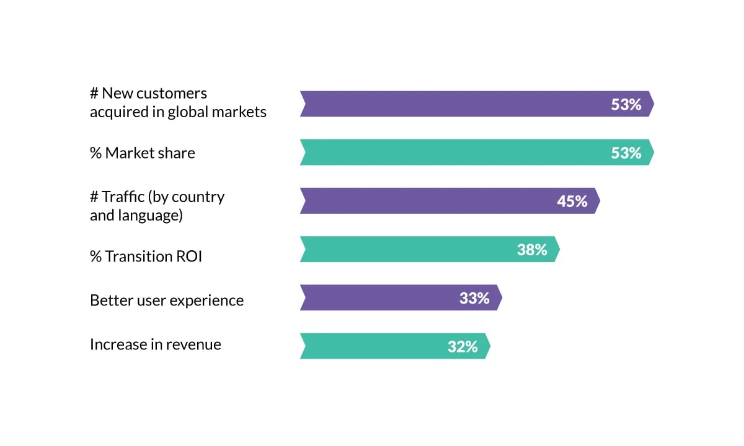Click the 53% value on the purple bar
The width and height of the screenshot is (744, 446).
coord(626,105)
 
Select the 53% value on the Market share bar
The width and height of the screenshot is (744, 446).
coord(626,153)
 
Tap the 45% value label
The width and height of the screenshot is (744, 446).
coord(572,201)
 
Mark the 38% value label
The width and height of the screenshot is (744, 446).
coord(532,250)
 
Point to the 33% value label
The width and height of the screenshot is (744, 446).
coord(474,298)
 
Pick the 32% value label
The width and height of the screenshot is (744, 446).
coord(463,346)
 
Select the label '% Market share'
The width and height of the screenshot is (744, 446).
coord(143,153)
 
